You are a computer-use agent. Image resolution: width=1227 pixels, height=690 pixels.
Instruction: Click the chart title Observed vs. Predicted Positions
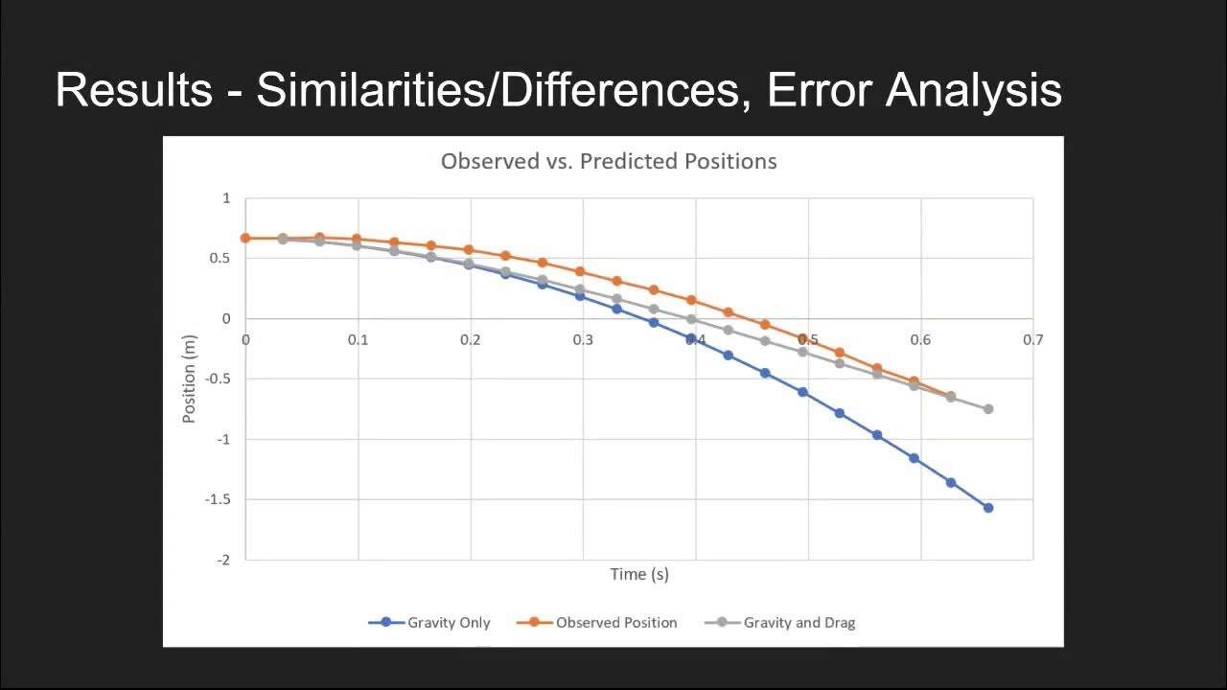609,161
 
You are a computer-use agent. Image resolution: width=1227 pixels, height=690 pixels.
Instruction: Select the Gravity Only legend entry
429,622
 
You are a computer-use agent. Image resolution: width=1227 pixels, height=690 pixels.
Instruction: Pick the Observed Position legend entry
597,622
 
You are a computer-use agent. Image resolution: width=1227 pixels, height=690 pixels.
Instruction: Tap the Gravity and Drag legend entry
780,622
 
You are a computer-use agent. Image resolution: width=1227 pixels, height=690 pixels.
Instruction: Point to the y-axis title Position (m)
189,379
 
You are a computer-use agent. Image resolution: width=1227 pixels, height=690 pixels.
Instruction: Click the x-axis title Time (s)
639,574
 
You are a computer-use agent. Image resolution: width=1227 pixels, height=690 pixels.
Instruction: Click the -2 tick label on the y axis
223,560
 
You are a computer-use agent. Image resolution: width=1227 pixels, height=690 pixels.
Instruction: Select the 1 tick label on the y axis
227,198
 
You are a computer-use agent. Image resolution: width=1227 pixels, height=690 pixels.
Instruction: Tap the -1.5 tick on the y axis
219,499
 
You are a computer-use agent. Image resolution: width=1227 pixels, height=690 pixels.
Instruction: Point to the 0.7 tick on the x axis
1032,339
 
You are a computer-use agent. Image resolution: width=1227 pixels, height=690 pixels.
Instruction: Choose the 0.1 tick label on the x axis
358,339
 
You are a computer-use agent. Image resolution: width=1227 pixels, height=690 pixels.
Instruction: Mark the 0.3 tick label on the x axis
583,339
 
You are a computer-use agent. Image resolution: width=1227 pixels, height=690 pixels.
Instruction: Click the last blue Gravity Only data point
988,508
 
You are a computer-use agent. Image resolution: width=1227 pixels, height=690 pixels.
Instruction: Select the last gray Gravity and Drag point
988,409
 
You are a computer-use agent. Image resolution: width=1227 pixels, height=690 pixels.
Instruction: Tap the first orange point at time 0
245,238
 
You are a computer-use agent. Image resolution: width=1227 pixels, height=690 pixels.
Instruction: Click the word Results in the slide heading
133,90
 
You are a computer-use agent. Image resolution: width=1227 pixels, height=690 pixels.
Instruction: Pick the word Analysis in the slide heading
973,90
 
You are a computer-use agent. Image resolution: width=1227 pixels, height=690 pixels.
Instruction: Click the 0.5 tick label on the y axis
220,259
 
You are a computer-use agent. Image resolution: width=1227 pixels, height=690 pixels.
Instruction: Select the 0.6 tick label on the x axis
920,339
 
